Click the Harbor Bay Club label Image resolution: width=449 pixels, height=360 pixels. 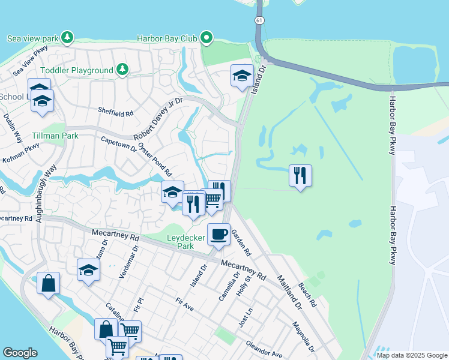[x=167, y=38]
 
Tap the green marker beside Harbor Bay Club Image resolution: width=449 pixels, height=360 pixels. [x=207, y=38]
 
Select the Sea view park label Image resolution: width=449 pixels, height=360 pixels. [x=33, y=38]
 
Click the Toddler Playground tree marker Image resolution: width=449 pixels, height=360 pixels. [x=123, y=70]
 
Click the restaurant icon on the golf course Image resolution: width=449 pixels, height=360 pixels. [x=300, y=176]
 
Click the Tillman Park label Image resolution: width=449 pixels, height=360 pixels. [x=55, y=136]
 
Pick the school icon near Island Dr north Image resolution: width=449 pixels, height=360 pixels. [x=242, y=76]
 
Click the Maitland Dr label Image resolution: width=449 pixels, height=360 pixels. [x=289, y=292]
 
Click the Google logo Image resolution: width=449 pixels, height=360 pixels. [x=20, y=353]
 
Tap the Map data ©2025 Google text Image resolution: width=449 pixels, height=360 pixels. [x=411, y=355]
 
